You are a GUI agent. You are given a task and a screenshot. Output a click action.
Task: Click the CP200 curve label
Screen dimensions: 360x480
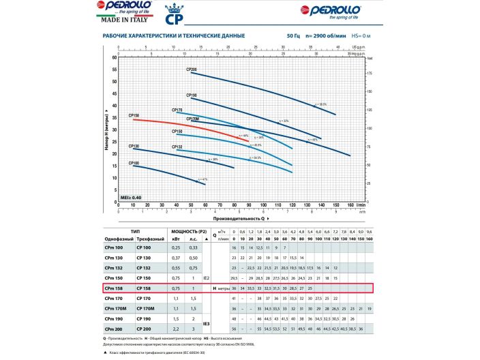click(x=192, y=70)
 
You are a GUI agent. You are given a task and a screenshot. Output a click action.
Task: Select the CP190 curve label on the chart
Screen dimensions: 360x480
click(x=192, y=95)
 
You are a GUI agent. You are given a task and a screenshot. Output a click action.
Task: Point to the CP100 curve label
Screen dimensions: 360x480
click(x=134, y=164)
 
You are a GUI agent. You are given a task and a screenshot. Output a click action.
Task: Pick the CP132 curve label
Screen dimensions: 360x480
click(x=177, y=147)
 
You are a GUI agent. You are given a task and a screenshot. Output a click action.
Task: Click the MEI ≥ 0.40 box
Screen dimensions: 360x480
click(x=130, y=196)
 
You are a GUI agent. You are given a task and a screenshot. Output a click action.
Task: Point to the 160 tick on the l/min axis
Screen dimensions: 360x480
click(x=350, y=205)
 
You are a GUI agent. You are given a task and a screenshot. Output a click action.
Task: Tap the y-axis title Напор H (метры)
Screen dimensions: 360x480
click(x=107, y=130)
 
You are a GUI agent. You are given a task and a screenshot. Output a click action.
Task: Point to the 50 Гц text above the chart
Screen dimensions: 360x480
click(x=295, y=35)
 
